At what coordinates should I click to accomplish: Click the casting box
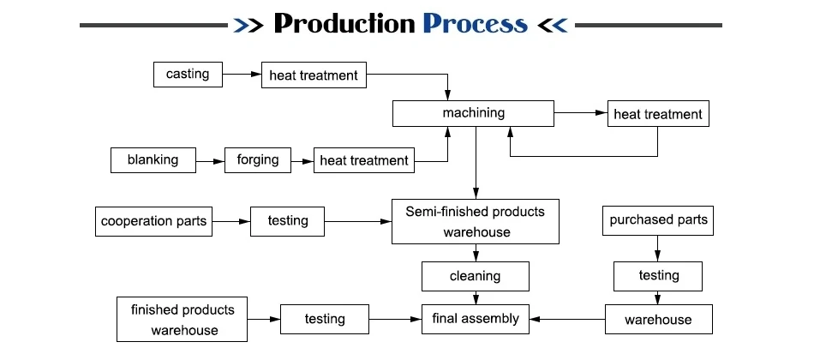[188, 75]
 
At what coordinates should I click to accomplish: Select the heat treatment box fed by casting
[314, 75]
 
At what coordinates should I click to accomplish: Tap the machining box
[473, 113]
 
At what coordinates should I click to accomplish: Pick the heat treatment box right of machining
[658, 113]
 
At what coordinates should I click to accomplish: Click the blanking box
[153, 160]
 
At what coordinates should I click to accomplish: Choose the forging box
[258, 160]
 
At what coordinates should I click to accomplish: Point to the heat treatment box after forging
[364, 160]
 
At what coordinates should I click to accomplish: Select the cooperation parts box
[153, 221]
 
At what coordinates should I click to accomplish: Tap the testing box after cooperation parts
[288, 221]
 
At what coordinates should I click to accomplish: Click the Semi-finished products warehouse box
[476, 221]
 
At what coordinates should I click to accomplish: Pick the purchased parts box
[658, 220]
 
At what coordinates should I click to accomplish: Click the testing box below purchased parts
[658, 276]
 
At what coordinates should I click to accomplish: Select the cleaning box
[476, 276]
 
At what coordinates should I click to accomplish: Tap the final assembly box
[476, 319]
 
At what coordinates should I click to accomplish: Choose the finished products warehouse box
[182, 319]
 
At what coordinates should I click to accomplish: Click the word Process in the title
[475, 24]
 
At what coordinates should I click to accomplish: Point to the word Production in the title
[344, 24]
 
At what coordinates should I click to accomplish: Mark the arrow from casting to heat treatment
[242, 75]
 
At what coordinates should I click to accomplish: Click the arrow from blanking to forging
[210, 162]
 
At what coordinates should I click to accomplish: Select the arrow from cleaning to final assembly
[476, 297]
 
